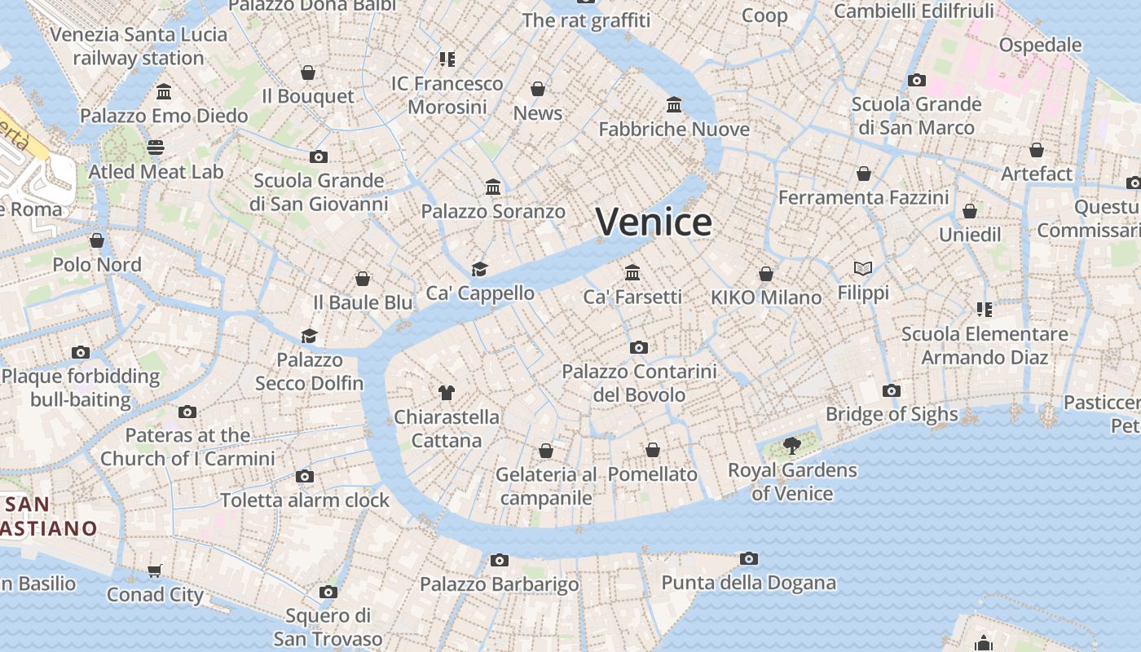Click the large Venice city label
[x=654, y=222]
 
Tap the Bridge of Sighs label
[x=892, y=414]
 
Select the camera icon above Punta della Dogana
[x=749, y=558]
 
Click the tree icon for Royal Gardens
[x=791, y=445]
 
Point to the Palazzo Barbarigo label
[x=499, y=584]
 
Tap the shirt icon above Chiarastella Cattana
[x=446, y=392]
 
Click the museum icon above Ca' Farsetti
[x=632, y=272]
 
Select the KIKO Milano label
[x=766, y=297]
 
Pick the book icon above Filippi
[x=863, y=268]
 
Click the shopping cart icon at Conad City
[x=155, y=570]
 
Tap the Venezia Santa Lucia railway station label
[x=139, y=46]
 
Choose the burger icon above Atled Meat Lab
[x=156, y=148]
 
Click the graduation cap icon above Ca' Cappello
[x=479, y=269]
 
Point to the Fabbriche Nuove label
[x=674, y=130]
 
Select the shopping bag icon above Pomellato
[x=653, y=450]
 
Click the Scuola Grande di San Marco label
[x=916, y=116]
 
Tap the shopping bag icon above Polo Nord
[x=97, y=240]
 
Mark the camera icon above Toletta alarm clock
[x=305, y=476]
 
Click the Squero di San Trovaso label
[x=328, y=627]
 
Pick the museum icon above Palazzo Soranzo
[x=493, y=187]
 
